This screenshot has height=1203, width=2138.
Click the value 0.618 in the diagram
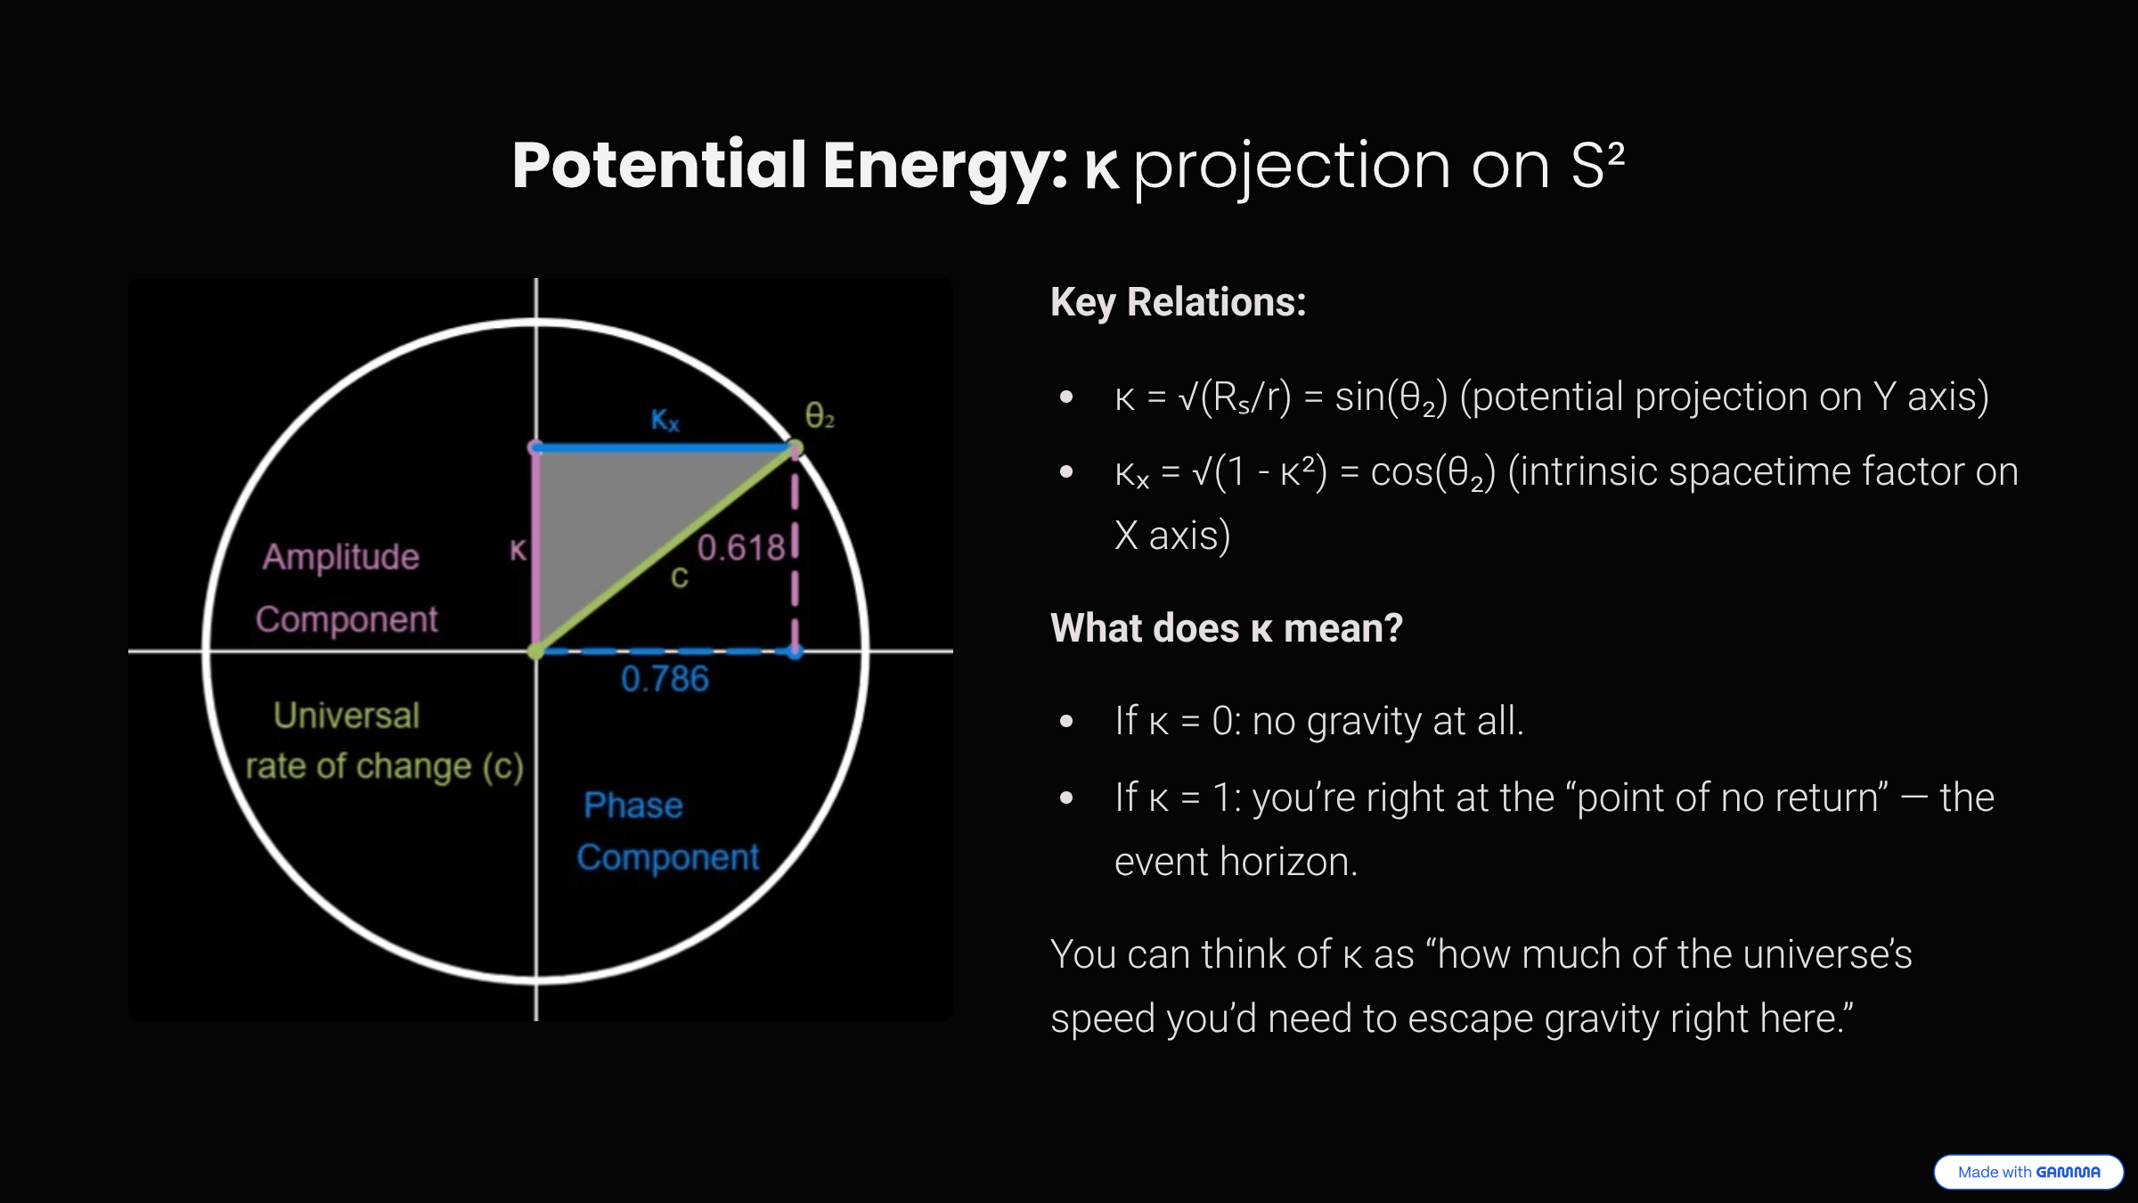(x=740, y=547)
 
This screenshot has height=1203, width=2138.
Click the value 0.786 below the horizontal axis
(x=665, y=680)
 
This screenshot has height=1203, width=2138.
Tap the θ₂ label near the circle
(x=820, y=416)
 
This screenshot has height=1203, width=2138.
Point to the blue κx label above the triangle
(x=665, y=420)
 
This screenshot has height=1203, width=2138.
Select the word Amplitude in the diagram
(x=340, y=557)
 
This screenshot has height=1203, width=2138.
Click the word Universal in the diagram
(x=346, y=716)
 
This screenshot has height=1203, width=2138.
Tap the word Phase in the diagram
(x=633, y=806)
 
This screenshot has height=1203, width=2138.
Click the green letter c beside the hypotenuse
(x=680, y=578)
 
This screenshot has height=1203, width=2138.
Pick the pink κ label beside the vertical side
(x=518, y=550)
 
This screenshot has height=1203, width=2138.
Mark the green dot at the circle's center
(x=535, y=652)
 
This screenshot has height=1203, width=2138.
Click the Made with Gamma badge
(x=2028, y=1172)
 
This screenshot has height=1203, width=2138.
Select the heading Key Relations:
(x=1178, y=302)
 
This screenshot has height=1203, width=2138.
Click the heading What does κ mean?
(x=1226, y=628)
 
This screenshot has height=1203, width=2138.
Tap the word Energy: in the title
(x=944, y=166)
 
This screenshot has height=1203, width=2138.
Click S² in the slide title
(x=1597, y=166)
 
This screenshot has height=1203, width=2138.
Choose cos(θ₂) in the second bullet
(x=1432, y=472)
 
